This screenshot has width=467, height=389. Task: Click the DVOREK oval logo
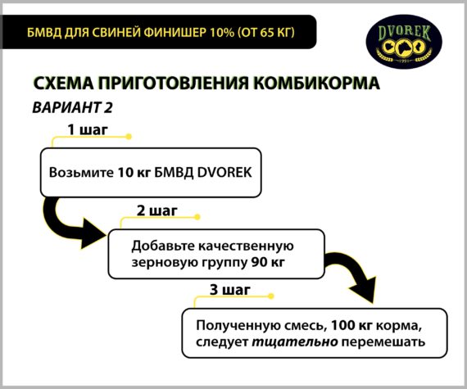[x=404, y=42]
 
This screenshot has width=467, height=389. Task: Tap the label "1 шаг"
[x=88, y=129]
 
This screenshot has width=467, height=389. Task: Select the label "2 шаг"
[x=157, y=210]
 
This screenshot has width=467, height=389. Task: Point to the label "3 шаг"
[x=230, y=290]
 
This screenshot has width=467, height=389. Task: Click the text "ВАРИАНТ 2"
[x=72, y=107]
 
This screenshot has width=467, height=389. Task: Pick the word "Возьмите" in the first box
[x=81, y=173]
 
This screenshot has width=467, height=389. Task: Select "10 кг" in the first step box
[x=134, y=173]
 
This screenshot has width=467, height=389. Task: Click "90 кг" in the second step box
[x=268, y=262]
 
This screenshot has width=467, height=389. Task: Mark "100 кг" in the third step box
[x=351, y=325]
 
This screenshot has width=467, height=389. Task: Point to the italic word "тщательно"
[x=295, y=342]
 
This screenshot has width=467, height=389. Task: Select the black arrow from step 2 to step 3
[x=355, y=273]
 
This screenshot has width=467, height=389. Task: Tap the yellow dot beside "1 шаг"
[x=129, y=137]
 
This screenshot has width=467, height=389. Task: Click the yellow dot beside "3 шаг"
[x=270, y=296]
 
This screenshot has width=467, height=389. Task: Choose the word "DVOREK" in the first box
[x=224, y=173]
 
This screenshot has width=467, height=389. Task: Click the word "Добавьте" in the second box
[x=162, y=247]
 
